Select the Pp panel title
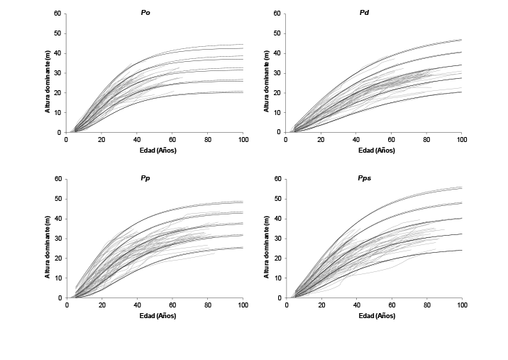click(145, 178)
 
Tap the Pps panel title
click(365, 178)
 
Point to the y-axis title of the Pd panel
click(267, 73)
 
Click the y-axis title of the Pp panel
click(48, 239)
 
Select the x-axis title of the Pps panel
click(373, 315)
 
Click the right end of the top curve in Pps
click(461, 187)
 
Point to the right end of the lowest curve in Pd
click(461, 92)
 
